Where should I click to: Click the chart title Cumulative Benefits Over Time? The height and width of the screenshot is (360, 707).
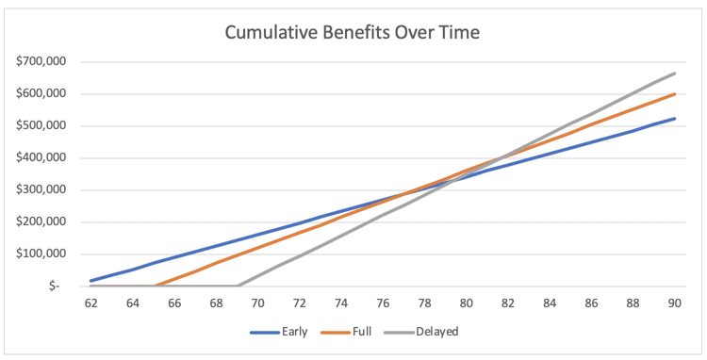[x=353, y=32]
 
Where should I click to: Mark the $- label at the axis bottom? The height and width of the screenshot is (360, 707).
[x=54, y=286]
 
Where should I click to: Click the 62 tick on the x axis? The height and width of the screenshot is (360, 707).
[x=90, y=303]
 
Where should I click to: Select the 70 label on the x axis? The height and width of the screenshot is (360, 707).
[x=257, y=303]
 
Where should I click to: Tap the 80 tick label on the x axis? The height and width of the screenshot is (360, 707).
[x=466, y=303]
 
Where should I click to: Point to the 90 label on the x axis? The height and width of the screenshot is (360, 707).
[x=674, y=303]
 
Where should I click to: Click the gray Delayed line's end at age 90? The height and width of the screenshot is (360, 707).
[x=674, y=74]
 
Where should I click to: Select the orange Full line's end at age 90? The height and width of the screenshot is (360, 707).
[x=674, y=94]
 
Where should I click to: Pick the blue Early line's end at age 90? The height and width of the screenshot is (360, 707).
[x=674, y=119]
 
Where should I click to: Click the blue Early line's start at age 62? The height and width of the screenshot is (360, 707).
[x=90, y=281]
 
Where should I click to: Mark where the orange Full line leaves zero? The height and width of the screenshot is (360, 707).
[x=154, y=286]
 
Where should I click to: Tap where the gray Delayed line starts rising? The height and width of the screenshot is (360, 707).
[x=237, y=286]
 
